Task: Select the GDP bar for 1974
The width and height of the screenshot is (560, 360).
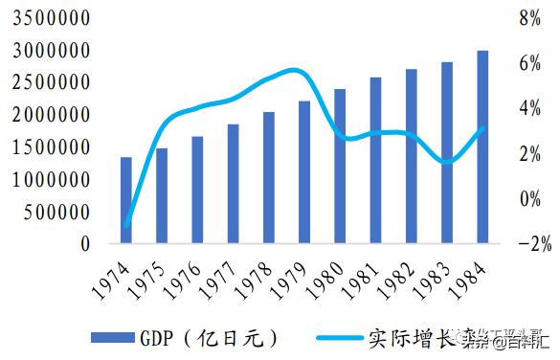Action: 125,200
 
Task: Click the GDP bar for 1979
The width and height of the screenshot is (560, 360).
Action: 303,172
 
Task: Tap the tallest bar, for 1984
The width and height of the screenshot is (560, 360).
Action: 482,147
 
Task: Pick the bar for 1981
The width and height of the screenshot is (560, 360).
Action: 375,161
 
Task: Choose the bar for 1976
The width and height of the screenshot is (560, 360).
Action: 197,190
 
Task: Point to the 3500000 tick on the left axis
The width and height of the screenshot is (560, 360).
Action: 52,18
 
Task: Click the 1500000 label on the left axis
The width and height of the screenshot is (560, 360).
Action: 52,147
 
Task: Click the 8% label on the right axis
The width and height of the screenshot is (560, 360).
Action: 530,18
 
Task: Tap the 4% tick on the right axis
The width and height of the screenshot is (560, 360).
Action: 530,108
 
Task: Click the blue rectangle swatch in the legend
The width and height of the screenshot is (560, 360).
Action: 112,337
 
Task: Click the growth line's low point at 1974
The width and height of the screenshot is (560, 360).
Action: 126,226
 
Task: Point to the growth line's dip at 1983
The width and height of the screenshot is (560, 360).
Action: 447,162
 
